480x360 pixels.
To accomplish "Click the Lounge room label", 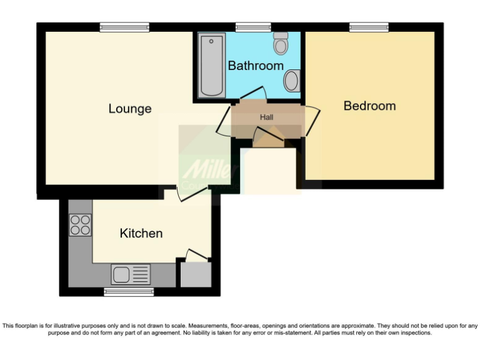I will [130, 109].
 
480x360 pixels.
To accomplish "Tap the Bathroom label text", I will [255, 66].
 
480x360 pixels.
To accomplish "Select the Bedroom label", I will [369, 106].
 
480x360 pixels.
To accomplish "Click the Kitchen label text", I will [141, 233].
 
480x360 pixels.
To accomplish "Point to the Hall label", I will [267, 117].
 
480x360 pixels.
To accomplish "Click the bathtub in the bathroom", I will [211, 66].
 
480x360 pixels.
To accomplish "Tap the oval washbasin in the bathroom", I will [291, 81].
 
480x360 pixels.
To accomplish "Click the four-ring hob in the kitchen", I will [81, 225].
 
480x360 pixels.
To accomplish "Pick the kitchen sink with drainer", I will [131, 274].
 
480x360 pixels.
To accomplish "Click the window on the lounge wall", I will [124, 26].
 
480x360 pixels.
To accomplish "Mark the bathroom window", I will [252, 26].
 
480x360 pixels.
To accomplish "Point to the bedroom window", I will [369, 26].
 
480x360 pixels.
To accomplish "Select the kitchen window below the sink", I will [129, 292].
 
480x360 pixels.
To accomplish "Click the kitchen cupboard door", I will [197, 255].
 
